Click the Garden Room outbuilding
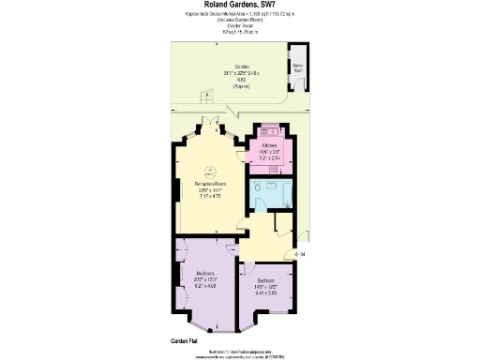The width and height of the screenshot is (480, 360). click(297, 67)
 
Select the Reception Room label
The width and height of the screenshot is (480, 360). click(211, 184)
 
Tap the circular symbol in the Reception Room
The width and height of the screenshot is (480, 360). click(211, 172)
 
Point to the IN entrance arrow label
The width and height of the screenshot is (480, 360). click(299, 254)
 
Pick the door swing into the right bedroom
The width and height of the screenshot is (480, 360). click(247, 269)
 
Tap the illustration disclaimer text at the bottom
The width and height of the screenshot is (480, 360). click(240, 352)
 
